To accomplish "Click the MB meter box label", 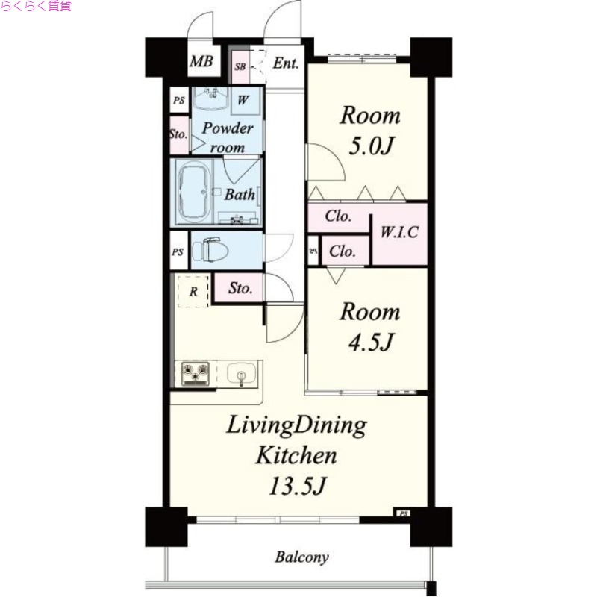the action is tap(201, 61).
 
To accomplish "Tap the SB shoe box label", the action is tap(240, 66).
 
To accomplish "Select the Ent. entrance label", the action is tap(286, 63).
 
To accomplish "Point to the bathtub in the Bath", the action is tap(195, 192).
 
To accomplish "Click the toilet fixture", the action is tap(210, 250).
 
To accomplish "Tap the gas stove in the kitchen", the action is tap(196, 374).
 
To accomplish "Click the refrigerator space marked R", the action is tap(193, 291).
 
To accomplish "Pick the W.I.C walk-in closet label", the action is tap(399, 232).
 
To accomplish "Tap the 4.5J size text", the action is tap(370, 342).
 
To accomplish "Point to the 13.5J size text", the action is tap(297, 486).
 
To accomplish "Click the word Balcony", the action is tap(302, 557).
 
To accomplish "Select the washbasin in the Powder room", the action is tap(210, 99).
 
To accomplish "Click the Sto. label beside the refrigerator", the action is tap(240, 288).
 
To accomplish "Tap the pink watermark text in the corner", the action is tap(36, 6).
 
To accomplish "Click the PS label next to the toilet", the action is tap(178, 252).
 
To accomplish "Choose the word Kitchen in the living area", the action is tap(296, 455).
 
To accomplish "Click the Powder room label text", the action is tap(228, 137).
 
